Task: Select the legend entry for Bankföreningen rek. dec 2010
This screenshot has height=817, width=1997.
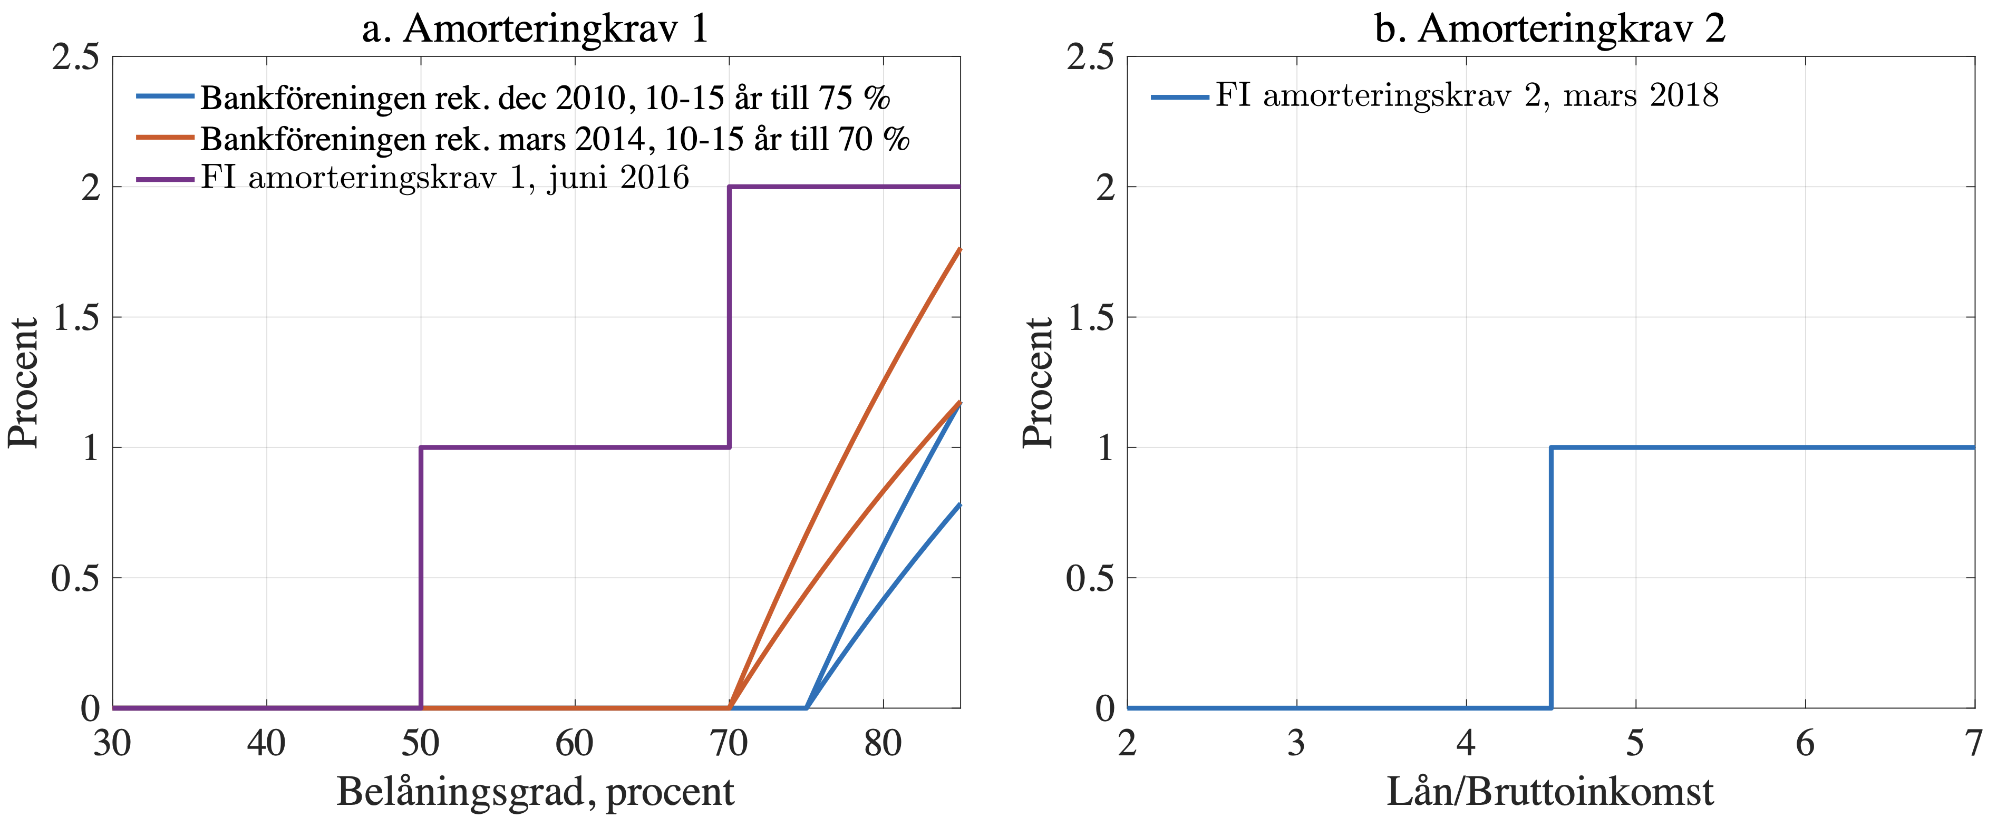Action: point(544,98)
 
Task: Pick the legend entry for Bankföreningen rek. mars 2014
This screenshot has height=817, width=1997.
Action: point(554,139)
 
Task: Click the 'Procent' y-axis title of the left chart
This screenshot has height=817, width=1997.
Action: point(23,382)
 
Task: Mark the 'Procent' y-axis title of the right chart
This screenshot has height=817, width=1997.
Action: point(1038,382)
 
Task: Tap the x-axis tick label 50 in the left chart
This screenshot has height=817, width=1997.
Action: point(420,743)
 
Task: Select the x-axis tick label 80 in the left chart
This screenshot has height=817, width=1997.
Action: point(883,743)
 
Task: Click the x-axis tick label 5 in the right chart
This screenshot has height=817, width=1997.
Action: point(1635,743)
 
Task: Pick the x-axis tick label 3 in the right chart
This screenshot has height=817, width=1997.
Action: point(1296,743)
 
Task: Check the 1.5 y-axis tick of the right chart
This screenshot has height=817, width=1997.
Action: point(1091,317)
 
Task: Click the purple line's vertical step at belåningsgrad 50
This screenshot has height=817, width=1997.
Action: point(421,578)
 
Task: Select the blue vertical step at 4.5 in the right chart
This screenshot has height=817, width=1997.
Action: point(1551,578)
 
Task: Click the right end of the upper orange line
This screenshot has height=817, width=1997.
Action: point(959,250)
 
